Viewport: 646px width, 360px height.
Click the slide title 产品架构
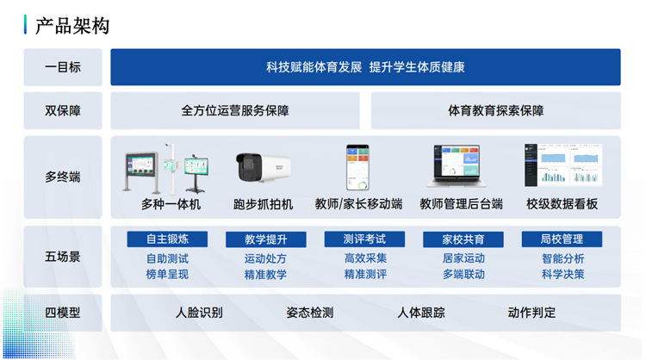click(72, 26)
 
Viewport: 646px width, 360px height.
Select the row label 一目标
click(63, 67)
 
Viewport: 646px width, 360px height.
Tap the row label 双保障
click(63, 110)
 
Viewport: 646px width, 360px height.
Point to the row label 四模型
click(63, 313)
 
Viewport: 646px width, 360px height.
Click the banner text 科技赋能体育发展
click(314, 67)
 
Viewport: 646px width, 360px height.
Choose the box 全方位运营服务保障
click(235, 110)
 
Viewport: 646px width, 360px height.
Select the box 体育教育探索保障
click(496, 110)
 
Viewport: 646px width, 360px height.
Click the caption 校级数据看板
click(562, 204)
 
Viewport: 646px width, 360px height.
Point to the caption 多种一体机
click(171, 204)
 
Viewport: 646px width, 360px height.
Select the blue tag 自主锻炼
click(167, 239)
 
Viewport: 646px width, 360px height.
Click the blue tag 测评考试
click(364, 239)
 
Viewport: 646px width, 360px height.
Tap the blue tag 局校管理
click(562, 239)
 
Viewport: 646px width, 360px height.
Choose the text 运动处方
click(265, 258)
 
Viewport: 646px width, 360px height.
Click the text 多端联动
click(463, 274)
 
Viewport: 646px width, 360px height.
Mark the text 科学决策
click(562, 274)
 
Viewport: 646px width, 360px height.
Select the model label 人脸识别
click(199, 313)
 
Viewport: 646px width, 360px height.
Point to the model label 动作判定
click(531, 313)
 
